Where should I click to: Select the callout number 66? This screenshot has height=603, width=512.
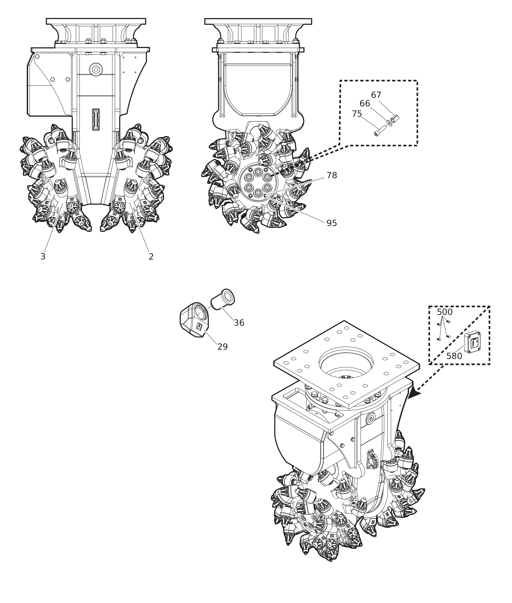365,104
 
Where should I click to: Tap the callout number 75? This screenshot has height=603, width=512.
357,114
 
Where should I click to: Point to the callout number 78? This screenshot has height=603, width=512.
332,175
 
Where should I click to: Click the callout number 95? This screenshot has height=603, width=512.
332,223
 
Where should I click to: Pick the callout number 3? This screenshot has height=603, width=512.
43,257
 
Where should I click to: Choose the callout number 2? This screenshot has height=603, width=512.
151,257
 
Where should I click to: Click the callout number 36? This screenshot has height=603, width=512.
239,323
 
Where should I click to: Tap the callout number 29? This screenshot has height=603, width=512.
223,347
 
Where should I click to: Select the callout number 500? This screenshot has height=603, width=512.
445,312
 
